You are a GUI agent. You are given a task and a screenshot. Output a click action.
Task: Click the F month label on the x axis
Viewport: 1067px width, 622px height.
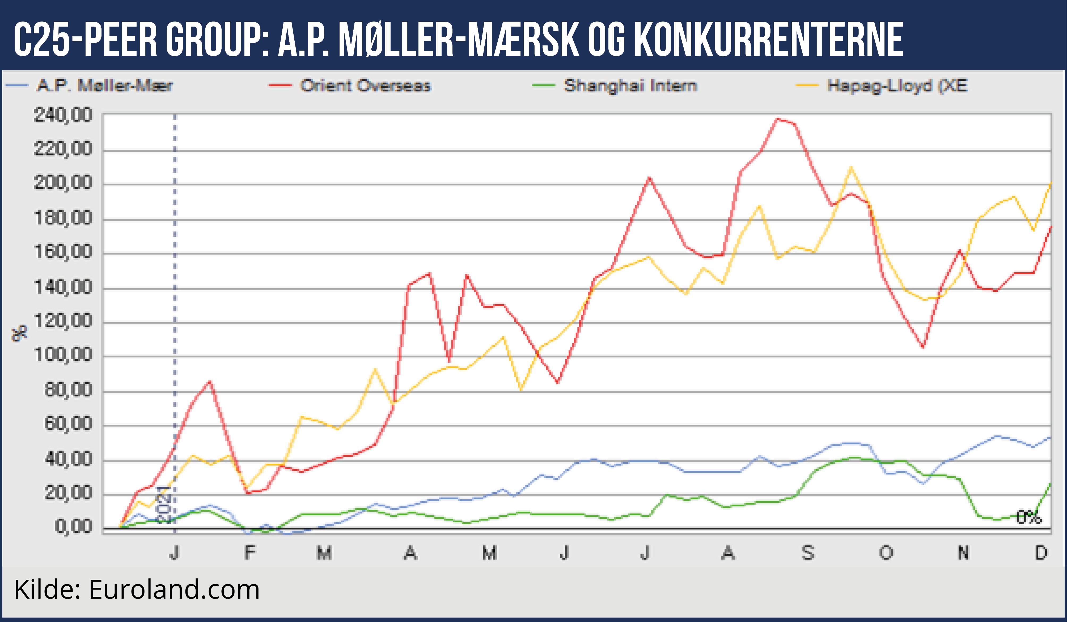click(250, 553)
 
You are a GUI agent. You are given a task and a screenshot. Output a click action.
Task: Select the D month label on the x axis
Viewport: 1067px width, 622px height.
click(1041, 553)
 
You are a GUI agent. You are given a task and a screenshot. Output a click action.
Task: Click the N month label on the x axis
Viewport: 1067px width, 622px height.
click(963, 553)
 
